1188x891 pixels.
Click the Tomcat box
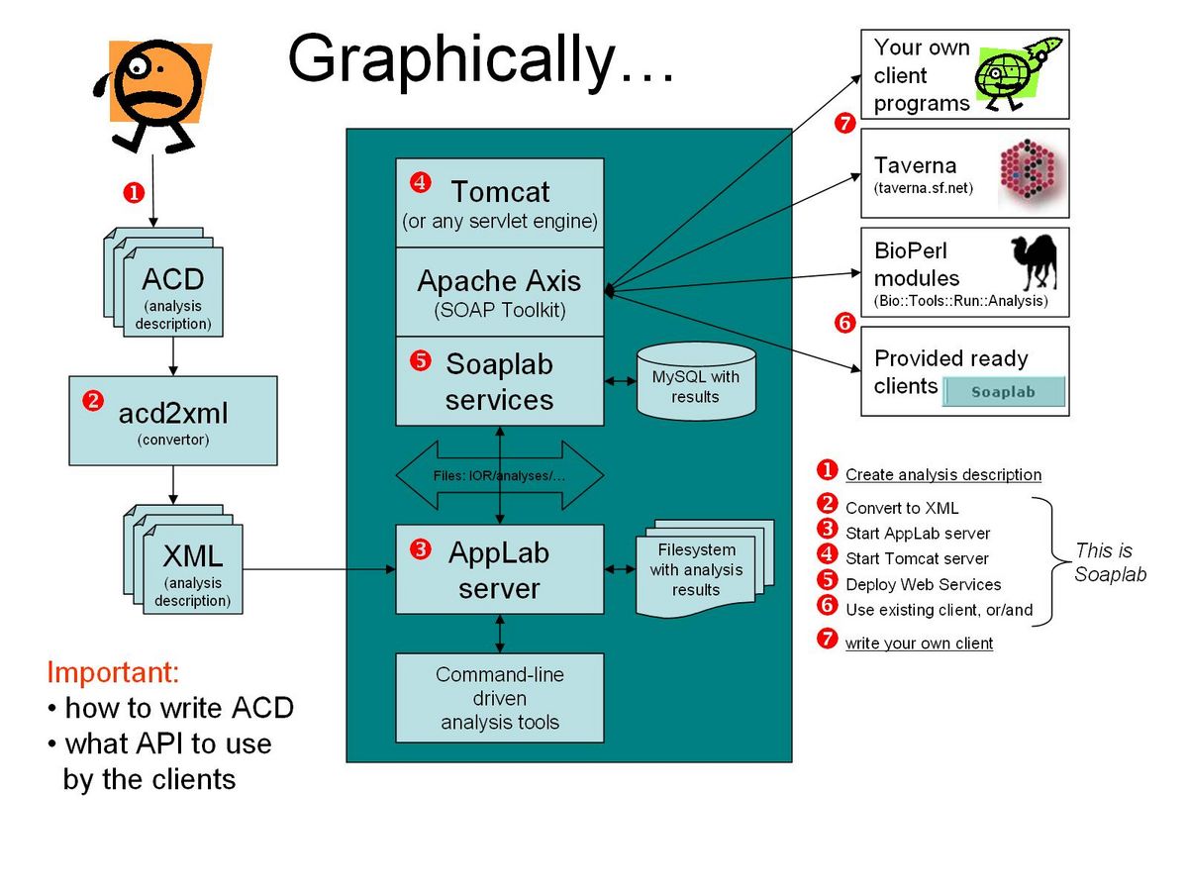coord(499,202)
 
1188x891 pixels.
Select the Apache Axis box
coord(499,292)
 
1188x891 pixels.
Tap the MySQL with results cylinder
coord(696,381)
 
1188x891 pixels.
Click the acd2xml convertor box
coord(172,421)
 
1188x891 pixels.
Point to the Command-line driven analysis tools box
coord(499,697)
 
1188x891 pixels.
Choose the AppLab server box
coord(499,568)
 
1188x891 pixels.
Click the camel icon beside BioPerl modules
coord(1034,262)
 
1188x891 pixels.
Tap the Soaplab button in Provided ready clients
coord(1004,391)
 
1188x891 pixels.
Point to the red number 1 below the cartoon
coord(134,193)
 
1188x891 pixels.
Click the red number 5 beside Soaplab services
coord(420,360)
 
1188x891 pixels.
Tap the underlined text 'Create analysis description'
coord(942,474)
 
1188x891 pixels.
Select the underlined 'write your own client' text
coord(919,643)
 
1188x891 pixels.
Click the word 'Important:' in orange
coord(113,672)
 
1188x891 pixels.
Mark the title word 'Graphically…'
coord(480,60)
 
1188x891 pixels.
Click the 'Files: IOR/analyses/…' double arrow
coord(500,475)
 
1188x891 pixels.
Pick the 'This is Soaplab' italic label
coord(1110,562)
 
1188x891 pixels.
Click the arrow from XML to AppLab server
coord(319,568)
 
